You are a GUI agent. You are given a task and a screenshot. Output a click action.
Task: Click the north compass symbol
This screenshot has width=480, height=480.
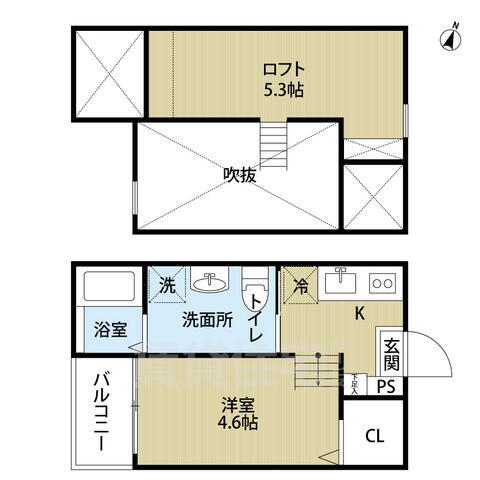[x=451, y=38]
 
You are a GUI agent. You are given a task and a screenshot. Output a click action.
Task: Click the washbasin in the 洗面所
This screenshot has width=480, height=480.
[x=210, y=282]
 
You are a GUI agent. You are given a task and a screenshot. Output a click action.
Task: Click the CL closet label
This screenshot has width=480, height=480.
[x=373, y=435]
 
